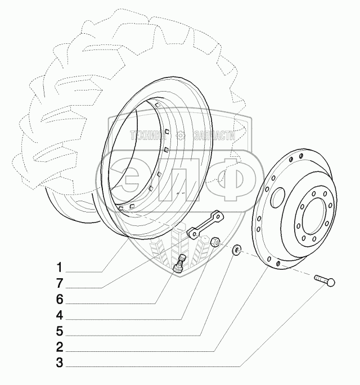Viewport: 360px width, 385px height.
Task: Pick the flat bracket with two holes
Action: (x=204, y=225)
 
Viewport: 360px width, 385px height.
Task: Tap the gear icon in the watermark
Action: (x=181, y=135)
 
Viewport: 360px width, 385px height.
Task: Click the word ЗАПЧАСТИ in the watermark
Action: (x=212, y=135)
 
